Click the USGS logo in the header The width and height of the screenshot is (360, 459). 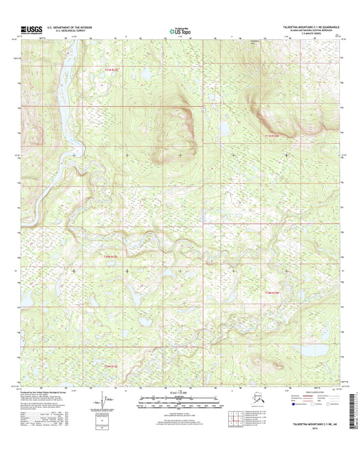(31, 29)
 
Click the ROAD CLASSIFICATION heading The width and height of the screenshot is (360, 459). (303, 391)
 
